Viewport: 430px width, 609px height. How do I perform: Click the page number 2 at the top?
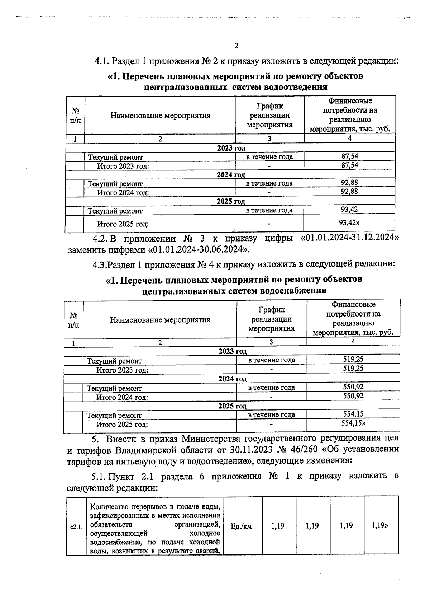click(236, 46)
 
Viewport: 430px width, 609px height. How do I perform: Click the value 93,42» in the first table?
click(349, 223)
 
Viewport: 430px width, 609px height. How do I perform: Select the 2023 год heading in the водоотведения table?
click(231, 148)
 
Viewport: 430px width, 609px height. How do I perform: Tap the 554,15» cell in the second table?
click(353, 423)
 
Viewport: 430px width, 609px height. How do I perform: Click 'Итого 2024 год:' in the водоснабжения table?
click(122, 397)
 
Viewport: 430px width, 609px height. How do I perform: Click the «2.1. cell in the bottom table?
click(76, 527)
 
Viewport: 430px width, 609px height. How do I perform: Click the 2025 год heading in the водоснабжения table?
click(232, 406)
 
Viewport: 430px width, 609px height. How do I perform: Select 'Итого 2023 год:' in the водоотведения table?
click(123, 166)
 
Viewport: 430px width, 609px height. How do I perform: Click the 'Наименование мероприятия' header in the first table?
click(160, 116)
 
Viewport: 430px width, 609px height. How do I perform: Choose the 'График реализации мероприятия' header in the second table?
click(271, 319)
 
